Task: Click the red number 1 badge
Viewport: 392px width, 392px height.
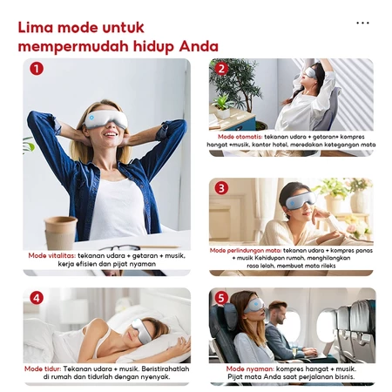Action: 37,69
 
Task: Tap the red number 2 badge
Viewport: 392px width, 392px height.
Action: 221,69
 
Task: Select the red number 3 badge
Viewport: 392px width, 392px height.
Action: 221,188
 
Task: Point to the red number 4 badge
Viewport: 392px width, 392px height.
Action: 37,298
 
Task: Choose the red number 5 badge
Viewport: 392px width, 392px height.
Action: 221,298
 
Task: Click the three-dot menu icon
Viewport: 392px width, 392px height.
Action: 362,23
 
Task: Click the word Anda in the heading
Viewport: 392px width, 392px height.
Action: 199,46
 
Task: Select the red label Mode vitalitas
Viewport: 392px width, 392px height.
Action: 52,256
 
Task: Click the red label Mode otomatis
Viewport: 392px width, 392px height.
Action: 240,137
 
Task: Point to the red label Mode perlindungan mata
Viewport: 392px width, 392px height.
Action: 246,250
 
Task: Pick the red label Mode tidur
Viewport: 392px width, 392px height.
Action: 43,368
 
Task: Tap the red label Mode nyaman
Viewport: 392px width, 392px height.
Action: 250,369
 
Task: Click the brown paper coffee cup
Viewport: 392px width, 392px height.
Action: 60,233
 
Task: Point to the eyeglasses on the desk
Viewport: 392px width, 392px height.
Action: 119,248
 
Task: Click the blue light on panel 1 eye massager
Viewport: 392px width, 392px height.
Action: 91,118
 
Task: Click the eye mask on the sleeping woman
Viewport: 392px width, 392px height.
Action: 139,331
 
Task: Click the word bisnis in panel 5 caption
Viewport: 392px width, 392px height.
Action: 344,377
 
